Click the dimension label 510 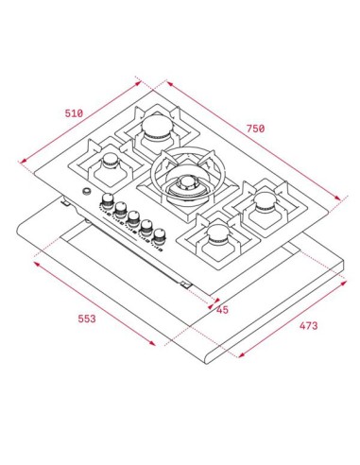click(x=74, y=113)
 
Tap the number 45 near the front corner click(x=222, y=308)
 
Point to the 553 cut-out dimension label click(x=86, y=319)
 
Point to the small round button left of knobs click(x=87, y=194)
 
